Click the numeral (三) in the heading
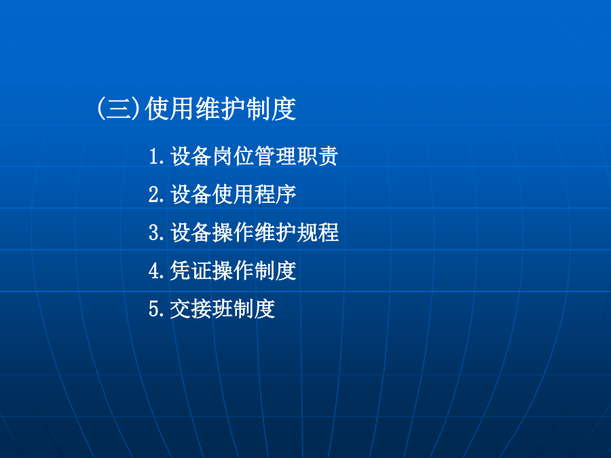[119, 109]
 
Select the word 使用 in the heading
[170, 109]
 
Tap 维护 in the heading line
[220, 109]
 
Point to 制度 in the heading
[271, 109]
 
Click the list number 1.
[157, 156]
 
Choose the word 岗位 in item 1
[233, 156]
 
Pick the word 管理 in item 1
[275, 156]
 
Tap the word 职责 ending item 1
[317, 156]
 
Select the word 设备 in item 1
[191, 156]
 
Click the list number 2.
[157, 194]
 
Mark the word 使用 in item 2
[233, 194]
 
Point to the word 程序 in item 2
[275, 194]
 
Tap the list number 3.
[157, 233]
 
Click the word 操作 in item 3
[233, 233]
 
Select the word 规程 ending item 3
[317, 233]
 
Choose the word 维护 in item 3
[275, 233]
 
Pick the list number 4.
[157, 271]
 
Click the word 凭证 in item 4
[191, 271]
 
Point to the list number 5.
[157, 309]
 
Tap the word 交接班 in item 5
[202, 309]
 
